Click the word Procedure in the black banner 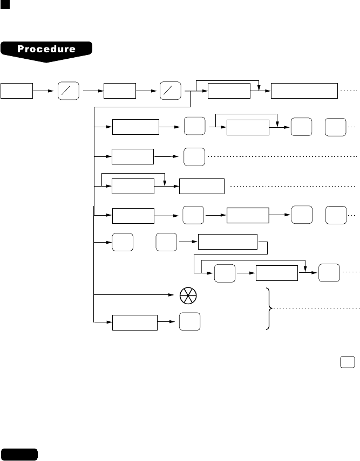[x=46, y=49]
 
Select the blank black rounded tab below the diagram [x=19, y=453]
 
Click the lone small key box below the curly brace [x=348, y=362]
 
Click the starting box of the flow [x=17, y=91]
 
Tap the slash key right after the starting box [x=68, y=91]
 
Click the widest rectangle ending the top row [x=304, y=91]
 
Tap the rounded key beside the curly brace [x=189, y=322]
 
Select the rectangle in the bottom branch [x=135, y=322]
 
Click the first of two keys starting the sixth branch [x=123, y=244]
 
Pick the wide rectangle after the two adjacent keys [x=228, y=243]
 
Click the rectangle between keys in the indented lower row [x=276, y=273]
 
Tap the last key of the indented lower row [x=329, y=273]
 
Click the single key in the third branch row [x=194, y=156]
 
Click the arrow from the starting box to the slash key [x=45, y=91]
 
